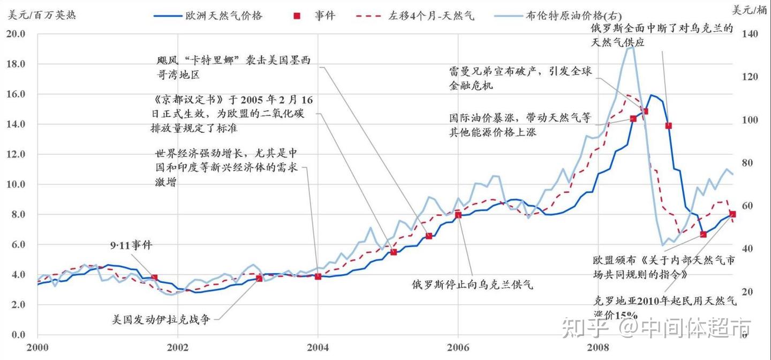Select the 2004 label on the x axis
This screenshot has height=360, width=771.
tap(318, 347)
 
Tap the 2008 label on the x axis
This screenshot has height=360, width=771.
tap(598, 347)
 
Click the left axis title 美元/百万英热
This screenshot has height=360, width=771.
tap(42, 15)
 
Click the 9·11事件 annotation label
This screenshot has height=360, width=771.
tap(131, 245)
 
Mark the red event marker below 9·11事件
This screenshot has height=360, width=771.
tap(154, 277)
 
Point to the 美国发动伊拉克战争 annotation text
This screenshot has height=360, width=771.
tap(161, 319)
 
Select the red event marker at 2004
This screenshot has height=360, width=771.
tap(318, 276)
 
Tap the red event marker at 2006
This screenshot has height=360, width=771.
tap(458, 215)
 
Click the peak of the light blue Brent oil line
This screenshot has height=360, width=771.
tap(631, 47)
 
